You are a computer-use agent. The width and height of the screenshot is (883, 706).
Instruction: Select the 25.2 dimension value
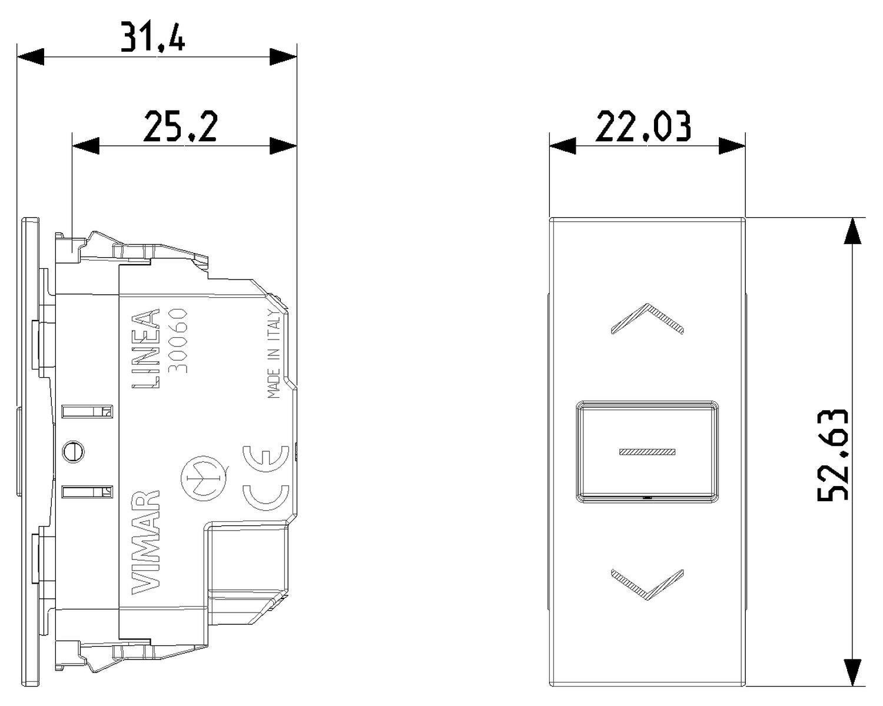click(x=180, y=126)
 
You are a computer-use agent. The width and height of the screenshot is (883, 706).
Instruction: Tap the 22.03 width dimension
click(x=643, y=126)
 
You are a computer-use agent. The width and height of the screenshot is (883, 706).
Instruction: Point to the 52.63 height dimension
click(x=832, y=454)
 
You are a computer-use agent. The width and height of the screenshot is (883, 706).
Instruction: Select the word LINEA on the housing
click(x=145, y=349)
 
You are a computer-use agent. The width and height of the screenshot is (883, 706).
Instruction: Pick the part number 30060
click(x=178, y=340)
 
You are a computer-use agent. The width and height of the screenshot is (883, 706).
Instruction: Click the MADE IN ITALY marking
click(x=274, y=355)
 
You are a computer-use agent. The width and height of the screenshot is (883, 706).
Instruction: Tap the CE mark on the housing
click(x=266, y=478)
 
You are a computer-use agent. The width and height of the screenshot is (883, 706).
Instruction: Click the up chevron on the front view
click(x=647, y=319)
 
